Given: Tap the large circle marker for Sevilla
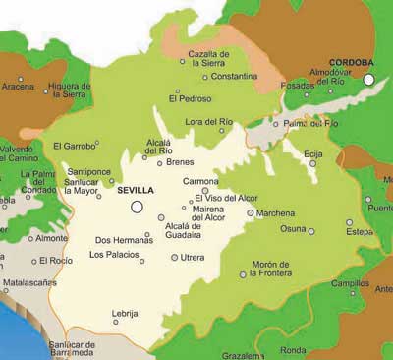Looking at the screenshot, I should (x=138, y=207).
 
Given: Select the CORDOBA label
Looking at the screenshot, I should (x=351, y=60).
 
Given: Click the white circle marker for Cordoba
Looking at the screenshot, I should (x=369, y=79).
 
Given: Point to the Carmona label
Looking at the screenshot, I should (x=200, y=181).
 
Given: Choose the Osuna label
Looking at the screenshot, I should (x=293, y=228).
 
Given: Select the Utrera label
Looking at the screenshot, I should (x=193, y=257).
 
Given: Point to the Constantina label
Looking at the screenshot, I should (x=234, y=76).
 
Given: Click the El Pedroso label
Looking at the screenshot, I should (x=189, y=98).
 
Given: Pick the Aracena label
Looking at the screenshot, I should (x=17, y=87).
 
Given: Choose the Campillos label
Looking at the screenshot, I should (x=344, y=282).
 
